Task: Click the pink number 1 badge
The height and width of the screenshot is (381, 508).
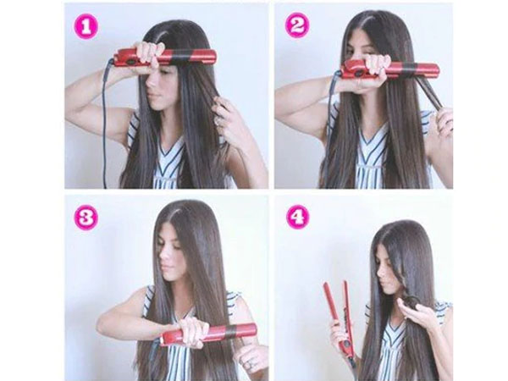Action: point(86,27)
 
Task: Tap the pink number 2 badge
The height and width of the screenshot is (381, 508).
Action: point(297,26)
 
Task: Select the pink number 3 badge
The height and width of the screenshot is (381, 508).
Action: point(86,218)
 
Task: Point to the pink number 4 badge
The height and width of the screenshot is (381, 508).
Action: point(298,217)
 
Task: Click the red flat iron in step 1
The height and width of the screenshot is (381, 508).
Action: point(164,58)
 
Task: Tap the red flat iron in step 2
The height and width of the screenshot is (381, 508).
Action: point(390,69)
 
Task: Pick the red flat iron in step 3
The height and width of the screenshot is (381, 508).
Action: point(208,334)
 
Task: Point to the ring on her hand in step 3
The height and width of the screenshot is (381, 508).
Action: point(249,365)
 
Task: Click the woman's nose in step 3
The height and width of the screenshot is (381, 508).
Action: point(164,258)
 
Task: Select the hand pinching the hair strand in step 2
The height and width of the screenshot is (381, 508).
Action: point(444,120)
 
